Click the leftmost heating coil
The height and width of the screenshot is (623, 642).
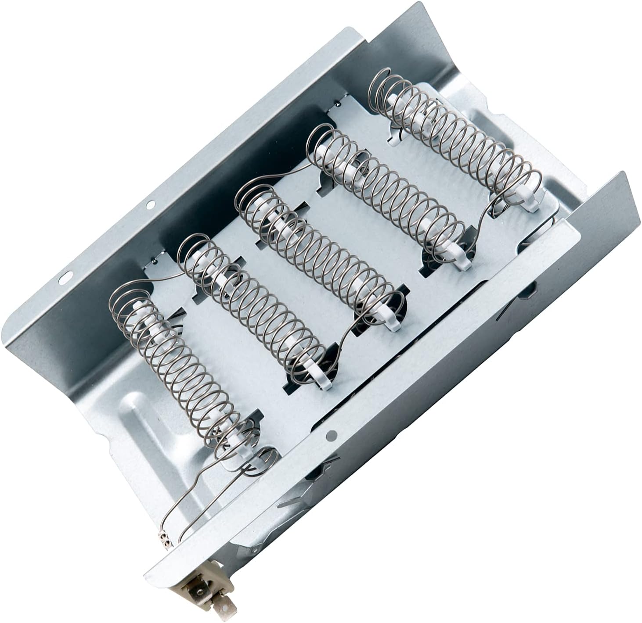(176, 364)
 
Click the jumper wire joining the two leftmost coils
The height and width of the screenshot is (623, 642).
(162, 276)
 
